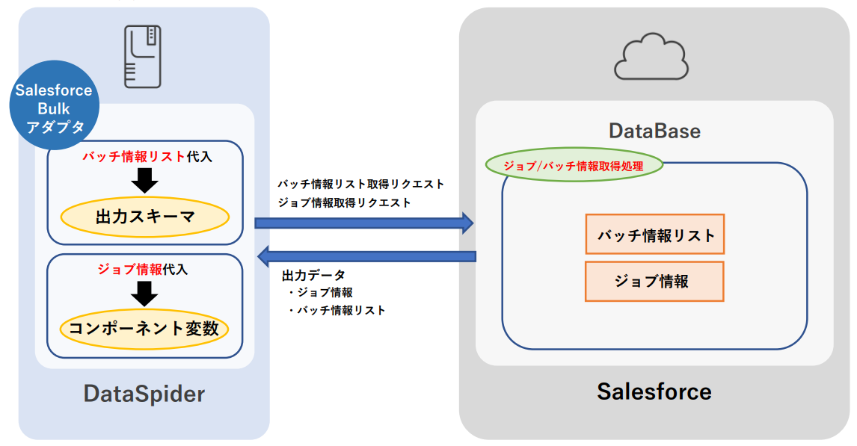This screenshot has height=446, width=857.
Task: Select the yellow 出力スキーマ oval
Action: [145, 217]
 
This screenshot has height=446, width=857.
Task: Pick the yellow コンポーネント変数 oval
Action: [144, 329]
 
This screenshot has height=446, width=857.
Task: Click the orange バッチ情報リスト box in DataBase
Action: [655, 235]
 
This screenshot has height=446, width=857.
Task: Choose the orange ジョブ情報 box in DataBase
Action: [654, 281]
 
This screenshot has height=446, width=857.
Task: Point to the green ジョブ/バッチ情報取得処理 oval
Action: [574, 166]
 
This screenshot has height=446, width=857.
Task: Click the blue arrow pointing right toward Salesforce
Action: [364, 222]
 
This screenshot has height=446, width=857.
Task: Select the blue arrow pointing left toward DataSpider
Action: [366, 257]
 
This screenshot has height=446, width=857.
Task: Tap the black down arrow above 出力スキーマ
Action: [145, 180]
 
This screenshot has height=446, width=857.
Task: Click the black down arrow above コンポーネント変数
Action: [144, 293]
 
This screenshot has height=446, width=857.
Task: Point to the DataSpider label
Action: [144, 393]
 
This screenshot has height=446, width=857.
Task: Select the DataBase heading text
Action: [654, 131]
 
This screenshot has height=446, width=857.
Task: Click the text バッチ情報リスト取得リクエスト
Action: [360, 184]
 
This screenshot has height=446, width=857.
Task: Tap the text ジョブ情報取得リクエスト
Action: [344, 202]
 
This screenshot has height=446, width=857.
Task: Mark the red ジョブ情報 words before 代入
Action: [129, 269]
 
